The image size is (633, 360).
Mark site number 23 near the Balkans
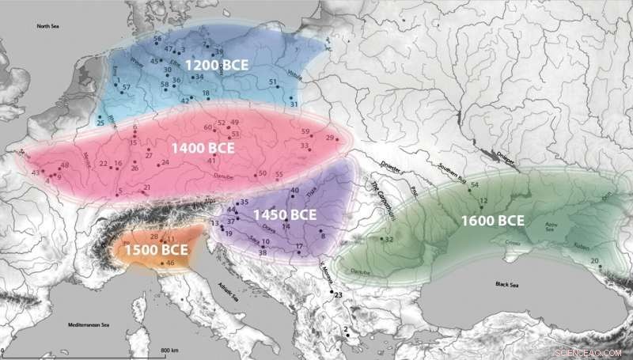tap(338, 295)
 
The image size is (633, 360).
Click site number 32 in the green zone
tap(389, 239)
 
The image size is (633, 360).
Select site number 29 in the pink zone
tap(330, 138)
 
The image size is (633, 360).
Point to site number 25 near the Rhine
tap(100, 123)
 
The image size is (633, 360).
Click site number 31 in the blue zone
tap(294, 104)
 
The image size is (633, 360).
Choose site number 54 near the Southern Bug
tap(475, 185)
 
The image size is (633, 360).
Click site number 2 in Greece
tap(346, 331)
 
